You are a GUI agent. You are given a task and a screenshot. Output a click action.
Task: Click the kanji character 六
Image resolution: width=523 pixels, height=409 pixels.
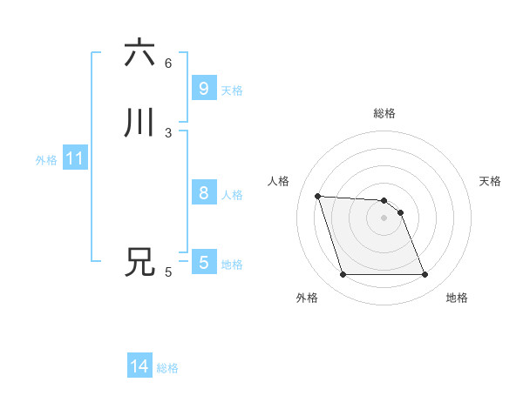click(139, 53)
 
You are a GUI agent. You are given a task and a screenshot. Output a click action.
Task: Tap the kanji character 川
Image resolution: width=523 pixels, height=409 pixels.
click(139, 123)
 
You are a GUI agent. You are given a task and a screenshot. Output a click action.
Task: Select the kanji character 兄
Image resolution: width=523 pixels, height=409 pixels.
click(139, 262)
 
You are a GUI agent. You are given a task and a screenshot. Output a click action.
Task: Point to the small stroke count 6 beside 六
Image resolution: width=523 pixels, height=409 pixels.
click(168, 63)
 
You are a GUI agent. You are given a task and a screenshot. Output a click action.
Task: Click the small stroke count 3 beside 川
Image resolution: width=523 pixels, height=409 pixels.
click(168, 132)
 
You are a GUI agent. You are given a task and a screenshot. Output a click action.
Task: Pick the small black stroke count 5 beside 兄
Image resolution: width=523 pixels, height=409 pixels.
click(168, 272)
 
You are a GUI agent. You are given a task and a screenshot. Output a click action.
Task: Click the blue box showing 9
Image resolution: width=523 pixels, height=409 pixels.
click(203, 88)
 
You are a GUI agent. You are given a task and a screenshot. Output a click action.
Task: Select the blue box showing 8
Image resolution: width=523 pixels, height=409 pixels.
click(203, 193)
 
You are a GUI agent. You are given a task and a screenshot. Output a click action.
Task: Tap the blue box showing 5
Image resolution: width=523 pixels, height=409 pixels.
click(203, 262)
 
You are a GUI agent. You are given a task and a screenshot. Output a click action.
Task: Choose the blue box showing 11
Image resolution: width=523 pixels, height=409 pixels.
click(75, 158)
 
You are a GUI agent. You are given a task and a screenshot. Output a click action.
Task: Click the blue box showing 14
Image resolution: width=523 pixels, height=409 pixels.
click(139, 366)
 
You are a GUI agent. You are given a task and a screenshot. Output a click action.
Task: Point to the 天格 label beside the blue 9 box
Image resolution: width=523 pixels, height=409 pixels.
click(232, 90)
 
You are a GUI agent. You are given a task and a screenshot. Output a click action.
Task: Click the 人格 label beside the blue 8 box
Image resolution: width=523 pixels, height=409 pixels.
click(232, 194)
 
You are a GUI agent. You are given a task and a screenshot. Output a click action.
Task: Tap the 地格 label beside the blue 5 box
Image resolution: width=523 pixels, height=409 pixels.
click(232, 264)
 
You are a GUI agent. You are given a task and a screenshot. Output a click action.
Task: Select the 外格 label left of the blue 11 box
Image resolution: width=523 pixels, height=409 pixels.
click(46, 160)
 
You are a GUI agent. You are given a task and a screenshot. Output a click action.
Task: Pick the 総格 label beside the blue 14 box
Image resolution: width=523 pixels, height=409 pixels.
click(167, 368)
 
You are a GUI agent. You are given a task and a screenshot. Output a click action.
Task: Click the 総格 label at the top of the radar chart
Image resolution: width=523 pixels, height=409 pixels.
click(384, 113)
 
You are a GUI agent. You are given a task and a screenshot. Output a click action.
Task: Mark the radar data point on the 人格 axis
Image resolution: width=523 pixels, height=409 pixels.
click(318, 196)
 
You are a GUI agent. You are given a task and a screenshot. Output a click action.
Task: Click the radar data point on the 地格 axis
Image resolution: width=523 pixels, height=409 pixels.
click(425, 275)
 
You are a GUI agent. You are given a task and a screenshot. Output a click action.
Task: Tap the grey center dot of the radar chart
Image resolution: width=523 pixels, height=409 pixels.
click(384, 218)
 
